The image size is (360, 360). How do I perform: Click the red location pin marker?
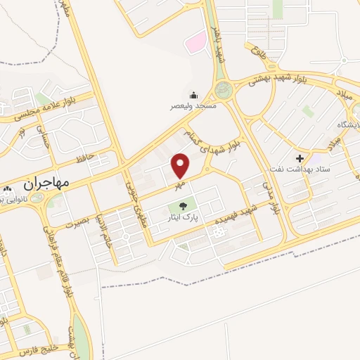181,166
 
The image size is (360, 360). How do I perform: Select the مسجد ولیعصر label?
195,106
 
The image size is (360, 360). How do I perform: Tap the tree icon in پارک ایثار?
183,206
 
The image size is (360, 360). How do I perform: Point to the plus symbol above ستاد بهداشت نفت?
301,159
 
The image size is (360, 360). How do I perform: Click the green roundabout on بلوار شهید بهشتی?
223,90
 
